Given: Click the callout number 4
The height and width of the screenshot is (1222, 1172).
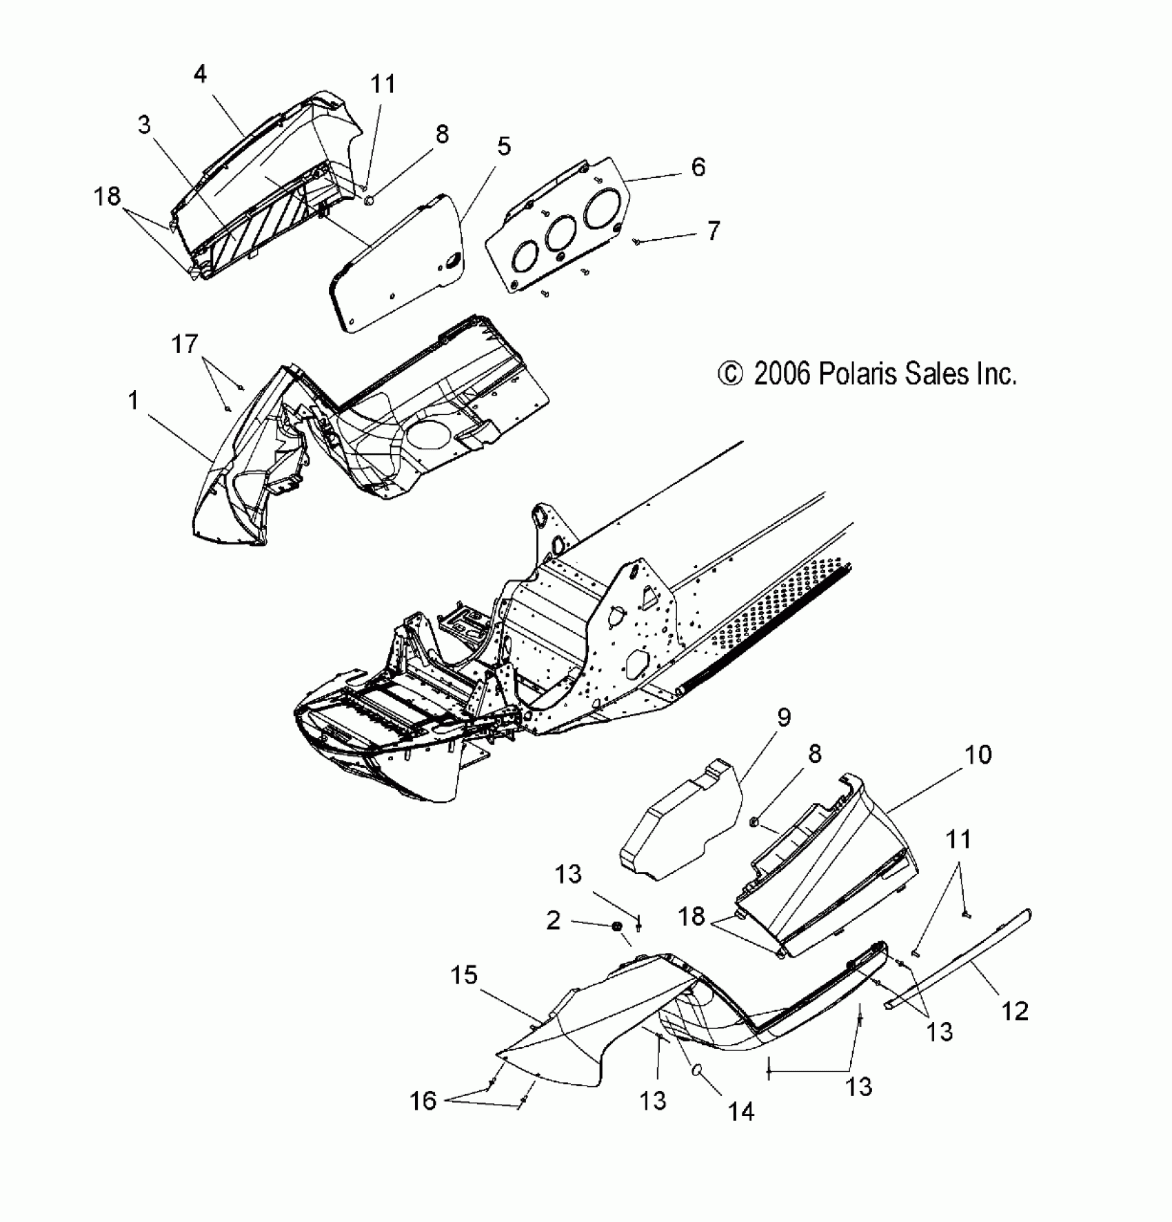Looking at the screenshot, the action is coord(200,74).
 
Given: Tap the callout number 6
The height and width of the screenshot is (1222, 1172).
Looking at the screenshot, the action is coord(698,167).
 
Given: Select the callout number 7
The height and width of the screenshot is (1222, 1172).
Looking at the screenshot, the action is coord(713,230).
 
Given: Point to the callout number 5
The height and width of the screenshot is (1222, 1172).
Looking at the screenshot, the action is coord(504,146).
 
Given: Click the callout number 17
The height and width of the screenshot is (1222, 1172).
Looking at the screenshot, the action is coord(184,343).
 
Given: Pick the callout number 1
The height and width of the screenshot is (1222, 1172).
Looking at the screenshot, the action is coord(134,400).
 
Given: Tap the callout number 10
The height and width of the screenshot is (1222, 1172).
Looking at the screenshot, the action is coord(977,755).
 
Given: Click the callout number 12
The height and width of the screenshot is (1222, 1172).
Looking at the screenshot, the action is coord(1015,1011).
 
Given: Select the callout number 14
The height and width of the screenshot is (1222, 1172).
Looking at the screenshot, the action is coord(741,1111).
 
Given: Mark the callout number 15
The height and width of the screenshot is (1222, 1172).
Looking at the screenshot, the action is coord(464,975).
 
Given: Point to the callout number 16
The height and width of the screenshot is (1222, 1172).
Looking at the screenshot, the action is coord(423,1101).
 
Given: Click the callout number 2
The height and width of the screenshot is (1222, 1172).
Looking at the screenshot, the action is coord(553,920).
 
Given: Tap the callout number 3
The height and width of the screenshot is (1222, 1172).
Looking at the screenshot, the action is coord(144,125).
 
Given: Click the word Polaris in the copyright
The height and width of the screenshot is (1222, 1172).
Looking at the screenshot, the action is coord(858,374).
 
